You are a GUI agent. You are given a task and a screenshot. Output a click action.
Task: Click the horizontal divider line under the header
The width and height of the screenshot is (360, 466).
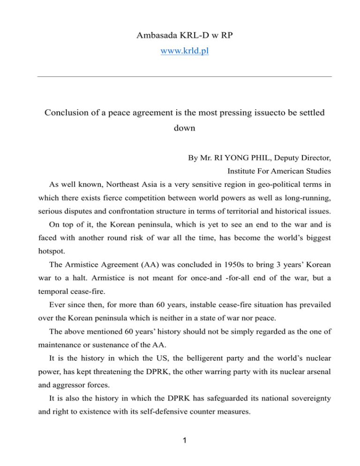click(180, 76)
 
